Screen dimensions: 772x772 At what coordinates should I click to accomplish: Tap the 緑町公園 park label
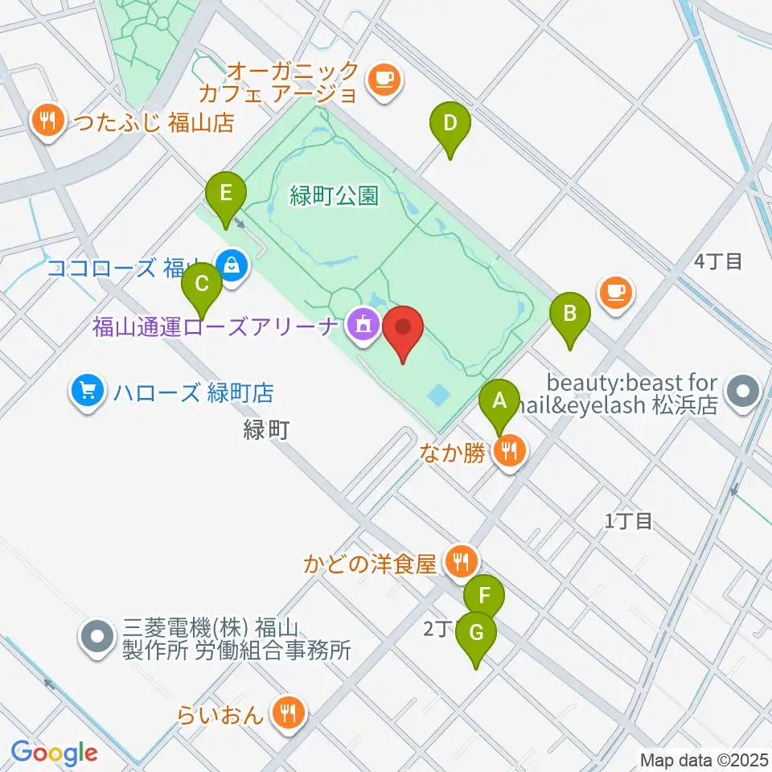pos(334,196)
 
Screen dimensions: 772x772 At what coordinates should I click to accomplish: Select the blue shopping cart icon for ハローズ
pos(86,393)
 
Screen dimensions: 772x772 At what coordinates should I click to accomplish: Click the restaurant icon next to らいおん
pos(287,712)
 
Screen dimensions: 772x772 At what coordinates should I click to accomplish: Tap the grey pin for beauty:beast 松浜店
pos(741,393)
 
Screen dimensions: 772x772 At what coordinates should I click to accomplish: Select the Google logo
pos(55,753)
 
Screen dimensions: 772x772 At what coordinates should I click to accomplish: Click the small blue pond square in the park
pos(439,395)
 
